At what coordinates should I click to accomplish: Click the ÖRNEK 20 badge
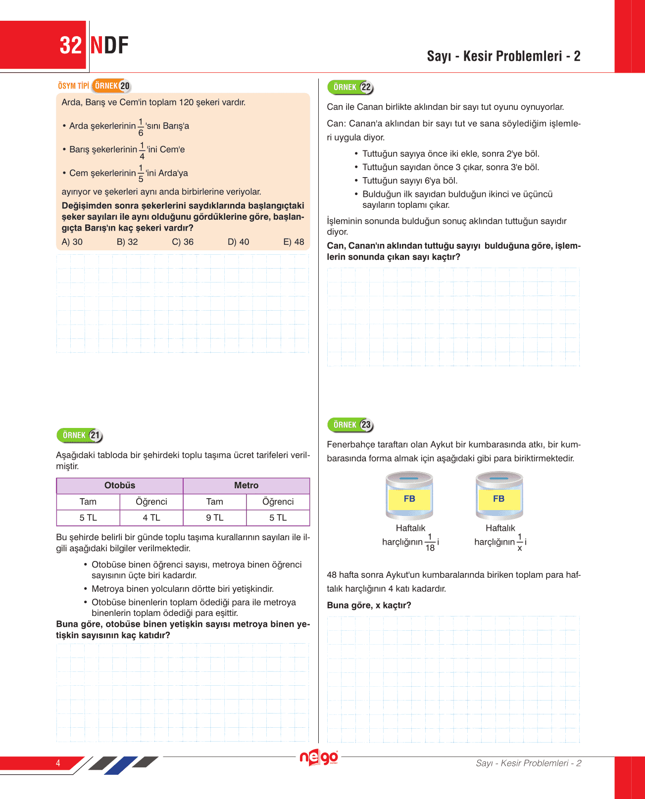pos(112,86)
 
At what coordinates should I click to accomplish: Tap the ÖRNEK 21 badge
pos(80,435)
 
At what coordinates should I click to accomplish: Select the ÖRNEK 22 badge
pos(350,87)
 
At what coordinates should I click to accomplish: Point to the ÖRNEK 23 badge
pos(350,424)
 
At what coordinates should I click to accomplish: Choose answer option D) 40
pos(238,242)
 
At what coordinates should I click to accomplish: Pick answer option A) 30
pos(72,242)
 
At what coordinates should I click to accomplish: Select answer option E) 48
pos(294,242)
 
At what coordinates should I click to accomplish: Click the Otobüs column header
pos(120,485)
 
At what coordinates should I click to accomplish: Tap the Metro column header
pos(246,485)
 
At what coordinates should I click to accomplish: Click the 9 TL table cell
pos(214,517)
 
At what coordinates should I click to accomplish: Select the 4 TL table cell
pos(151,517)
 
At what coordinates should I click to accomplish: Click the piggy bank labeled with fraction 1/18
pos(409,495)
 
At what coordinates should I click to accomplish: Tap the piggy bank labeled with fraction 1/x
pos(499,495)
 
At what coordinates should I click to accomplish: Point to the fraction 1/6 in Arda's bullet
pos(141,127)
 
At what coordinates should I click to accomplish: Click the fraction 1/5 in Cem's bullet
pos(141,174)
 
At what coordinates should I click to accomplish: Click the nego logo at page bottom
pos(319,758)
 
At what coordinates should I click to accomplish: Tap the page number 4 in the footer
pos(58,763)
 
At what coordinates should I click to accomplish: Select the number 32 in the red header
pos(70,46)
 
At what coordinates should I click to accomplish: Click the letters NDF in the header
pos(109,46)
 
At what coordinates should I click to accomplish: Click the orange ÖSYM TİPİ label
pos(73,86)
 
